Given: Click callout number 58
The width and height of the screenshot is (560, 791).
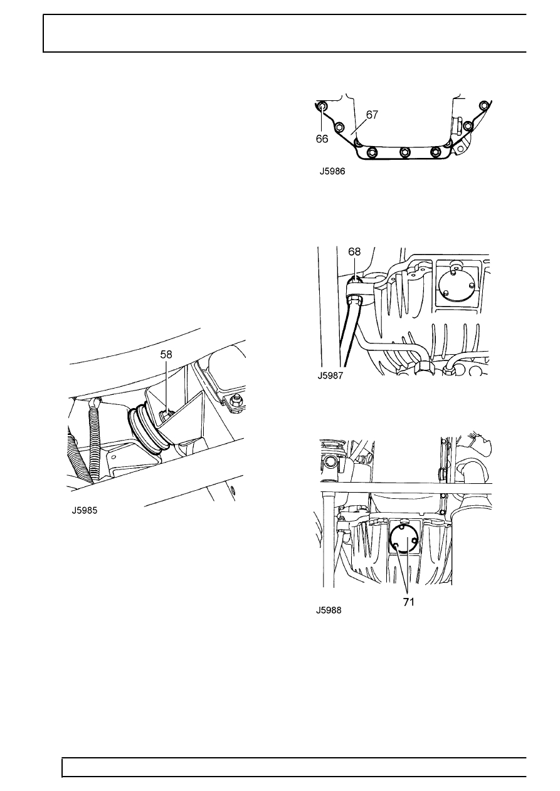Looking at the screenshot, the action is (166, 354).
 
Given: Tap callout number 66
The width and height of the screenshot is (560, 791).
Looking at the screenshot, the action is (322, 139).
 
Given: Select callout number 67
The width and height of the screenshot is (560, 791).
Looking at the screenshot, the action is (372, 115).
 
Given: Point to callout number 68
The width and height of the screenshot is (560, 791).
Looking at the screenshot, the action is (354, 251).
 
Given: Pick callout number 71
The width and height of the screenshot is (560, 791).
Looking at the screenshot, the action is (408, 602).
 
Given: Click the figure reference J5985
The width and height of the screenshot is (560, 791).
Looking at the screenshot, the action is (85, 510).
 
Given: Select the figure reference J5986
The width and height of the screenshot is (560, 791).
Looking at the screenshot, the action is (332, 172).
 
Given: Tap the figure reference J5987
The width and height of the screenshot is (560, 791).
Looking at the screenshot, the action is (330, 375).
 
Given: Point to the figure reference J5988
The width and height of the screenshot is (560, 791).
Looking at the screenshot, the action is (329, 610).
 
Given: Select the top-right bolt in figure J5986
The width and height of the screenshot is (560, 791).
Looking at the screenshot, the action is (483, 106).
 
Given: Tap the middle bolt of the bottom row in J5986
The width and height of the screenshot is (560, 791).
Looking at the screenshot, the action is (404, 152).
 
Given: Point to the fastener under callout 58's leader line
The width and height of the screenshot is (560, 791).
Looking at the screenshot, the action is (166, 416).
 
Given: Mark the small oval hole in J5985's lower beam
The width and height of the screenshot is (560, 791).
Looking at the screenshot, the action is (233, 490).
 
